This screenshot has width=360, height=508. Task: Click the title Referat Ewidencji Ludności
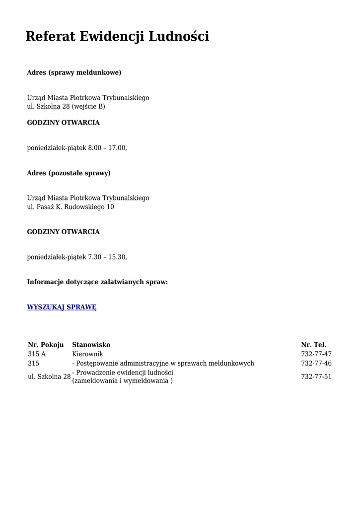coord(117,36)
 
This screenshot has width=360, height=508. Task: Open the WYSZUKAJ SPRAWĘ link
coord(62,307)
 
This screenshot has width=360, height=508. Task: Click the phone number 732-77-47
coord(316,354)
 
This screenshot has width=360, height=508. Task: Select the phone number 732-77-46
coord(316,364)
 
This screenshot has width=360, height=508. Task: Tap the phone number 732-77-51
coord(316,377)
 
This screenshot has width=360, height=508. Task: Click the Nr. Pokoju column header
coord(46,345)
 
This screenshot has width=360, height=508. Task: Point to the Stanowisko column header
coord(91,345)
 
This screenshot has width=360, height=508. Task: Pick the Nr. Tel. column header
coord(313,345)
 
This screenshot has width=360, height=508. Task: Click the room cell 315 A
coord(37,354)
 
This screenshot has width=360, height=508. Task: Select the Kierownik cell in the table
coord(87,354)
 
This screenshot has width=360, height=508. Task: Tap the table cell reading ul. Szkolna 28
coord(49,377)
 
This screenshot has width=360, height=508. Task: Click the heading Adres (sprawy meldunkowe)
coord(74,73)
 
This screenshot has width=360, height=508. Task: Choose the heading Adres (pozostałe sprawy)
coord(69,173)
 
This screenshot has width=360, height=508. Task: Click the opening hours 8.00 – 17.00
coord(107,148)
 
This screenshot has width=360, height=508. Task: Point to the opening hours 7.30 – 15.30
coord(107,257)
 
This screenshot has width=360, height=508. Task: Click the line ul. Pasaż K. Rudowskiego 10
coord(71,207)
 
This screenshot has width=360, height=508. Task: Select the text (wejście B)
coord(88,107)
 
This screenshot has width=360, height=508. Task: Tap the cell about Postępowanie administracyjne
coord(163,364)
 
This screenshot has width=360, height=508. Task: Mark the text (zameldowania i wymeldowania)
coord(123,381)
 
